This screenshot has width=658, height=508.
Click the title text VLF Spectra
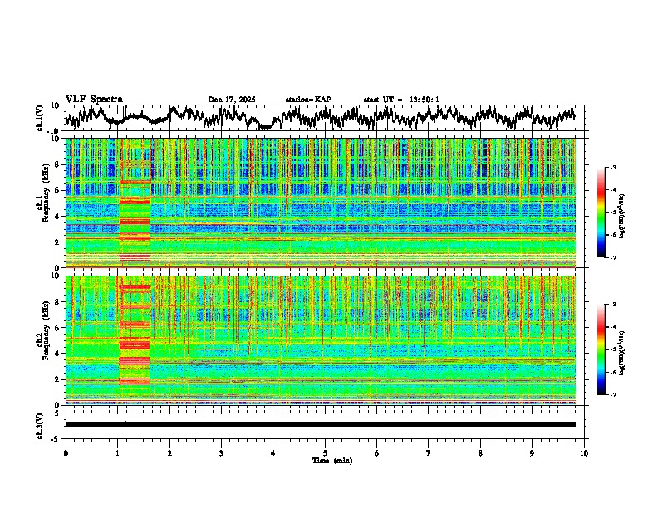point(94,100)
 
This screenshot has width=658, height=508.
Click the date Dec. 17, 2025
point(232,100)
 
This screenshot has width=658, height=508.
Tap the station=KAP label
point(308,100)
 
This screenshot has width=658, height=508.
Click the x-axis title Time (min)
point(332,460)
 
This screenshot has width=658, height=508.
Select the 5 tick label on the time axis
point(325,452)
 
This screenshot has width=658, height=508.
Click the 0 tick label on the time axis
point(66,452)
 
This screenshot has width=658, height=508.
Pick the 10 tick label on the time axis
point(584,452)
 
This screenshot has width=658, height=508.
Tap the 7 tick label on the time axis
point(429,452)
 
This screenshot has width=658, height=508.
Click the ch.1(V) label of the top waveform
point(39,119)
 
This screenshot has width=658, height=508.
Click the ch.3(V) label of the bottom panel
point(39,424)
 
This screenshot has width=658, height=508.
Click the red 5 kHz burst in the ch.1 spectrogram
point(134,201)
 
